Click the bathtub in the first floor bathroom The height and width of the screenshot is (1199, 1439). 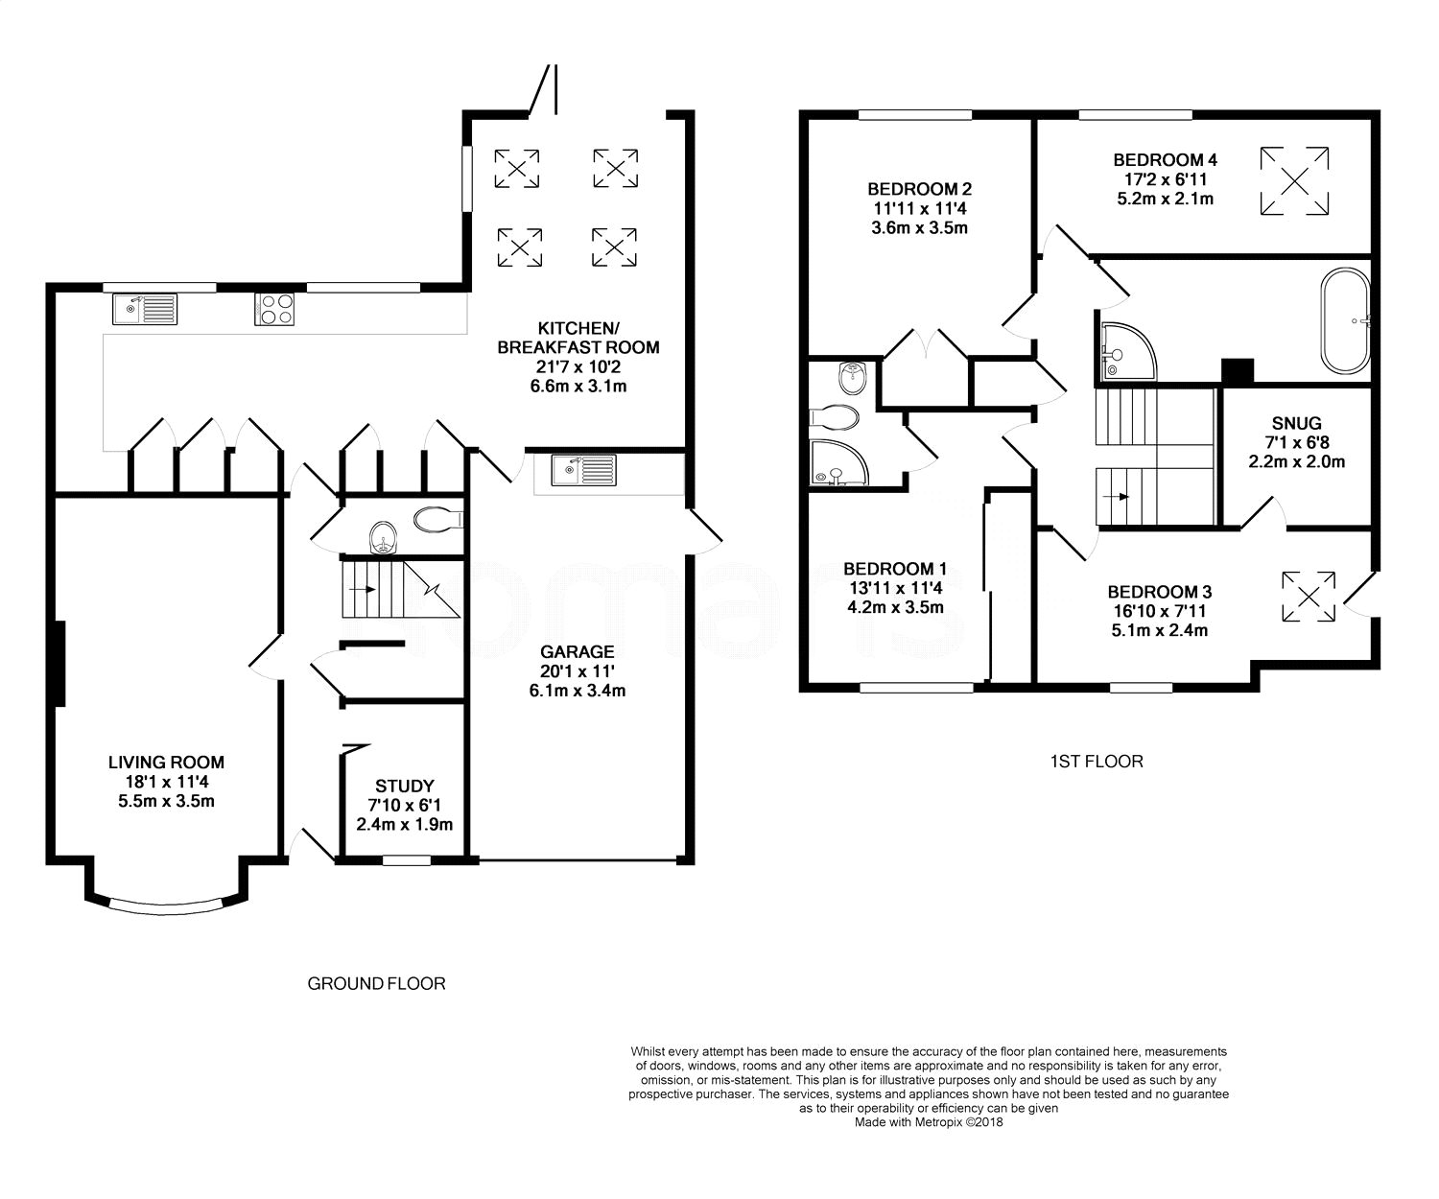click(1345, 321)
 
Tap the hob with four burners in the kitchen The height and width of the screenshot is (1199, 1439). click(274, 309)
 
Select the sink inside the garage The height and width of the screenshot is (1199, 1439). click(583, 471)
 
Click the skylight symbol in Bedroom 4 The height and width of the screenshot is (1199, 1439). click(1294, 181)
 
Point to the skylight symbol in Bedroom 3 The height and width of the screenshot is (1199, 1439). click(1309, 597)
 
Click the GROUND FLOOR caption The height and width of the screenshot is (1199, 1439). click(376, 983)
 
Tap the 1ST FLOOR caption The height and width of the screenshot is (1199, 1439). click(1097, 762)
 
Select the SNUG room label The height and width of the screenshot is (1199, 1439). click(1296, 423)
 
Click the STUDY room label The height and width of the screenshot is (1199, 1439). click(405, 787)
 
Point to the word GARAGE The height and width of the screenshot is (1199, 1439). click(577, 652)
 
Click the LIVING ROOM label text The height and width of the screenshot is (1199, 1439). click(166, 763)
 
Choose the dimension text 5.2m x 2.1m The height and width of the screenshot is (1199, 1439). click(1166, 200)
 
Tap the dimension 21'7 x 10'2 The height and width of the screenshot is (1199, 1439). click(578, 367)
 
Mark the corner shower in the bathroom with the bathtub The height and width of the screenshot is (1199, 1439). click(1126, 351)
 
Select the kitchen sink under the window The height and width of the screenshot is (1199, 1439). click(145, 309)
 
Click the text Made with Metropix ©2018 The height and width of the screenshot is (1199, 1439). click(929, 1122)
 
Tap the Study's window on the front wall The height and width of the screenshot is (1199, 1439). click(407, 860)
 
